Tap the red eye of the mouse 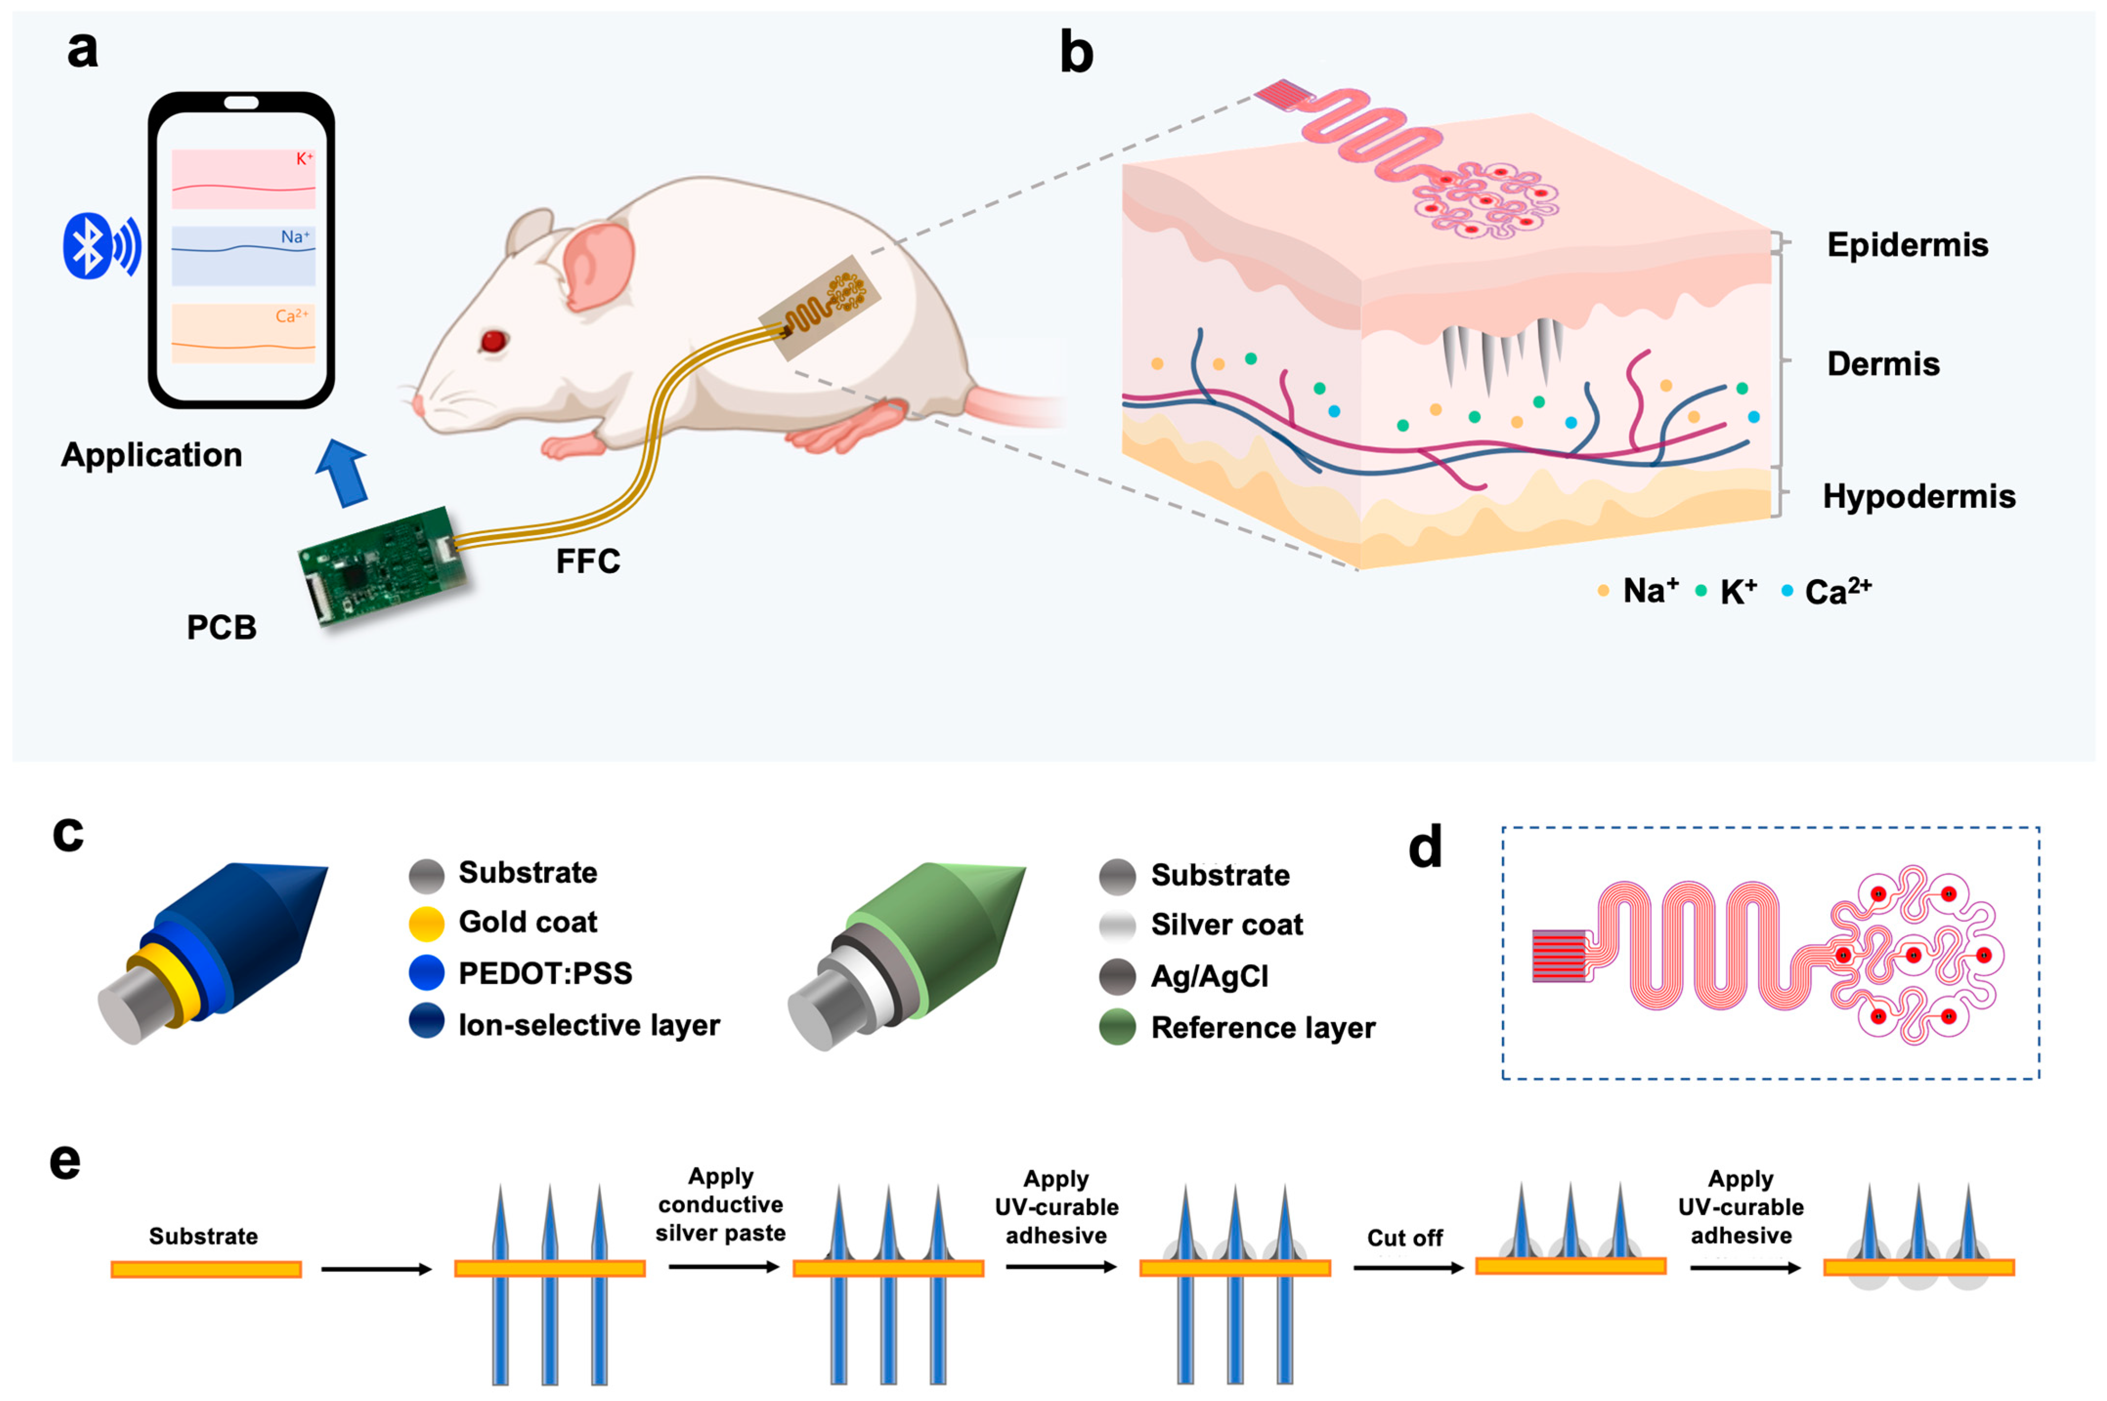point(493,341)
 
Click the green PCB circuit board point(382,565)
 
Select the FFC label point(588,561)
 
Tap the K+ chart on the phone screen point(243,179)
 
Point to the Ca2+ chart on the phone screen point(243,333)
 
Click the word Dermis point(1883,364)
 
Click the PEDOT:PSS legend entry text point(545,973)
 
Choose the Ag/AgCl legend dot point(1117,976)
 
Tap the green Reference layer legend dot point(1117,1028)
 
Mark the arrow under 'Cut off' point(1408,1267)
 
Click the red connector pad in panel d point(1559,955)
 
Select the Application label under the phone point(152,455)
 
